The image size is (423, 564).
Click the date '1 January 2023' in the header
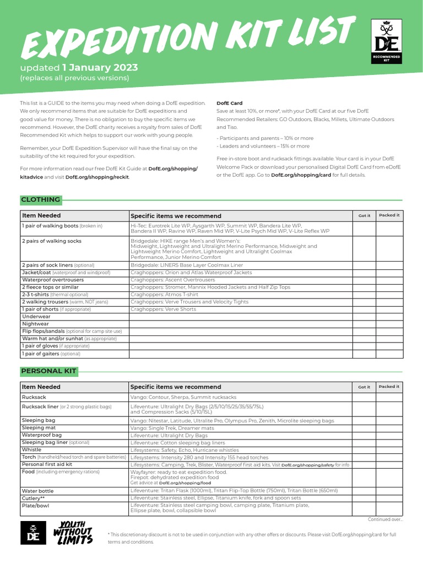[x=100, y=68]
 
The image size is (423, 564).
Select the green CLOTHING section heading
[x=40, y=199]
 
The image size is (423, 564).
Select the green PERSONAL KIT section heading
[x=48, y=371]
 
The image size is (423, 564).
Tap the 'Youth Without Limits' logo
[x=73, y=533]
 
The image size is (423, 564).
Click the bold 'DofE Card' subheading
[x=229, y=103]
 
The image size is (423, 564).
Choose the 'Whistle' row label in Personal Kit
[x=31, y=449]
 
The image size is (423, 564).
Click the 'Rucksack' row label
[x=34, y=397]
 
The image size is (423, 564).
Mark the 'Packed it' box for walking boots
[x=389, y=229]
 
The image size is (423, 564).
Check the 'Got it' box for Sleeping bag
[x=364, y=420]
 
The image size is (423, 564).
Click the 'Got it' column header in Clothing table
[x=364, y=215]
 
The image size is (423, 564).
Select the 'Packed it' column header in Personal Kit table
[x=389, y=387]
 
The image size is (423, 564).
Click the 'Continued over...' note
[x=386, y=519]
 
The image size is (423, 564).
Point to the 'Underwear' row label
[x=36, y=317]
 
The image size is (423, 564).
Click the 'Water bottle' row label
[x=37, y=490]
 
